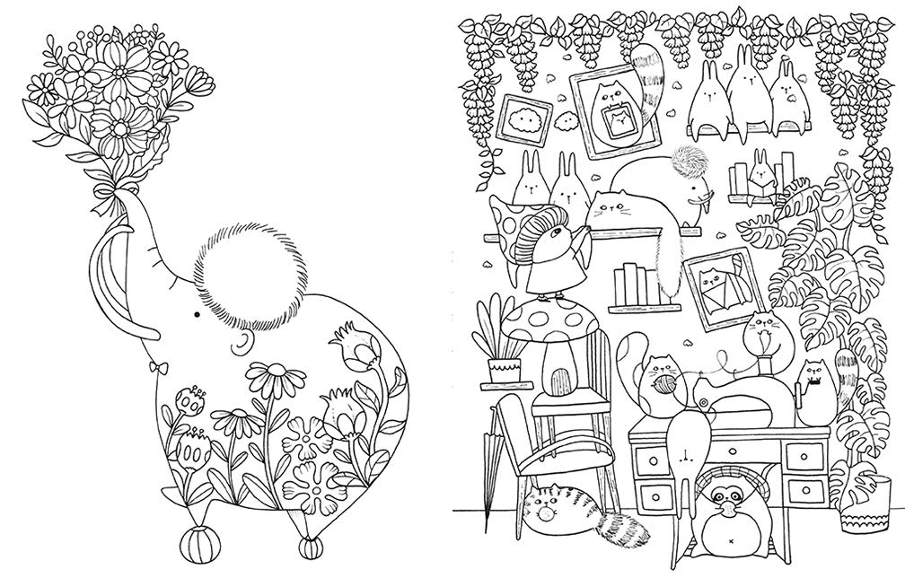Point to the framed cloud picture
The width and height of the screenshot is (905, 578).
(522, 122)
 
